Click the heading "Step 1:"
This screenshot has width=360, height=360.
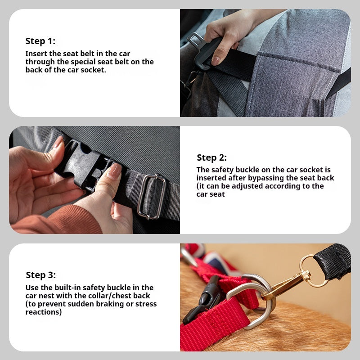click(40, 41)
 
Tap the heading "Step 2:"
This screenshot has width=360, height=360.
click(211, 158)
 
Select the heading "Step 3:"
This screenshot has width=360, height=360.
click(40, 275)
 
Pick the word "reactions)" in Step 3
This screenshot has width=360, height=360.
click(44, 312)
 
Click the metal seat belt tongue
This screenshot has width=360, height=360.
click(195, 40)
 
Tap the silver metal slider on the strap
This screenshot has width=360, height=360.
click(151, 197)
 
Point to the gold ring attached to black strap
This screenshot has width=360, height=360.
click(313, 271)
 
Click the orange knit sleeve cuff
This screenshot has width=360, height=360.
click(58, 220)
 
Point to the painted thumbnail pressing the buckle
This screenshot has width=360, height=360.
click(114, 171)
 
